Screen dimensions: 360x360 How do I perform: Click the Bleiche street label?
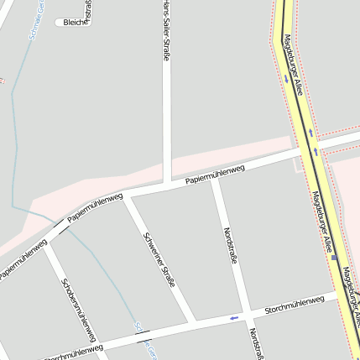[75, 23]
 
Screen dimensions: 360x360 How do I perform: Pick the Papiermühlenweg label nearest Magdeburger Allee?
[215, 175]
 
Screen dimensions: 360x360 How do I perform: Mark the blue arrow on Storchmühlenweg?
[233, 318]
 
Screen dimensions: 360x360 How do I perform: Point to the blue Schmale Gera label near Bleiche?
[34, 26]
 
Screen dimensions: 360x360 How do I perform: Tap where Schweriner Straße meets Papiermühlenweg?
[127, 196]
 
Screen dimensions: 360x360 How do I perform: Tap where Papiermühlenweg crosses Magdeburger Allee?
[309, 149]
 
